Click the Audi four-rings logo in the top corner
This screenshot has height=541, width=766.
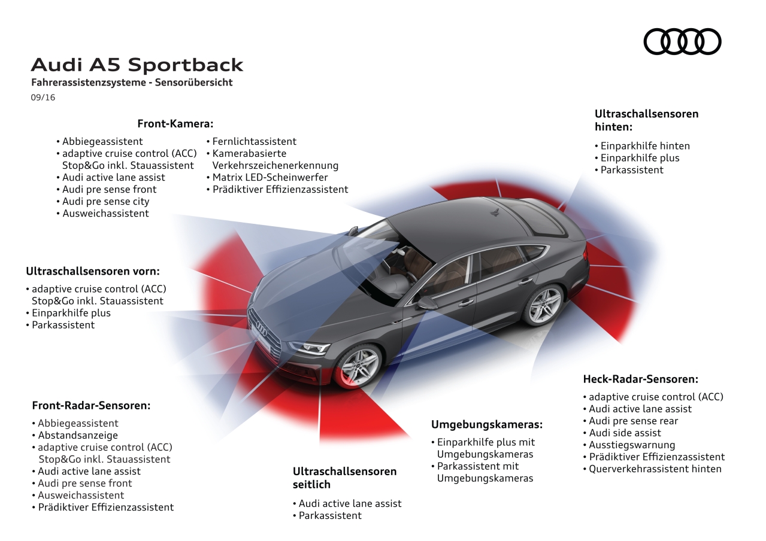(682, 41)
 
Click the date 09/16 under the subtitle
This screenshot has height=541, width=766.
(43, 98)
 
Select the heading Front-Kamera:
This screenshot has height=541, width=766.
(175, 124)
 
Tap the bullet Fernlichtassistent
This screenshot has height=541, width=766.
(254, 142)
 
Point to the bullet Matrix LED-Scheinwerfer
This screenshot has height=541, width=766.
(270, 178)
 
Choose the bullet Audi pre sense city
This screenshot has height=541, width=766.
(105, 202)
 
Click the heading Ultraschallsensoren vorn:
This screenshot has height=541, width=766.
(93, 271)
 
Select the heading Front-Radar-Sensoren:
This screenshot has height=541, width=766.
(91, 405)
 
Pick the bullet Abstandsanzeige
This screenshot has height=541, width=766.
(78, 436)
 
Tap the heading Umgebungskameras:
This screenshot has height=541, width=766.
(487, 424)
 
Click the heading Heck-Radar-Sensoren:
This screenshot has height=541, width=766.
(641, 379)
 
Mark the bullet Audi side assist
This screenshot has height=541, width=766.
(625, 433)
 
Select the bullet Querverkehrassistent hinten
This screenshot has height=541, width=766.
(655, 469)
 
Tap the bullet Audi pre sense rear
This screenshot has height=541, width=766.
(633, 421)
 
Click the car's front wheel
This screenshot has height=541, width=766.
(359, 364)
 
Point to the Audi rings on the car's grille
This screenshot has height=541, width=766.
(262, 328)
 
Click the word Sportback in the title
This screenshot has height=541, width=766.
(186, 65)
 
